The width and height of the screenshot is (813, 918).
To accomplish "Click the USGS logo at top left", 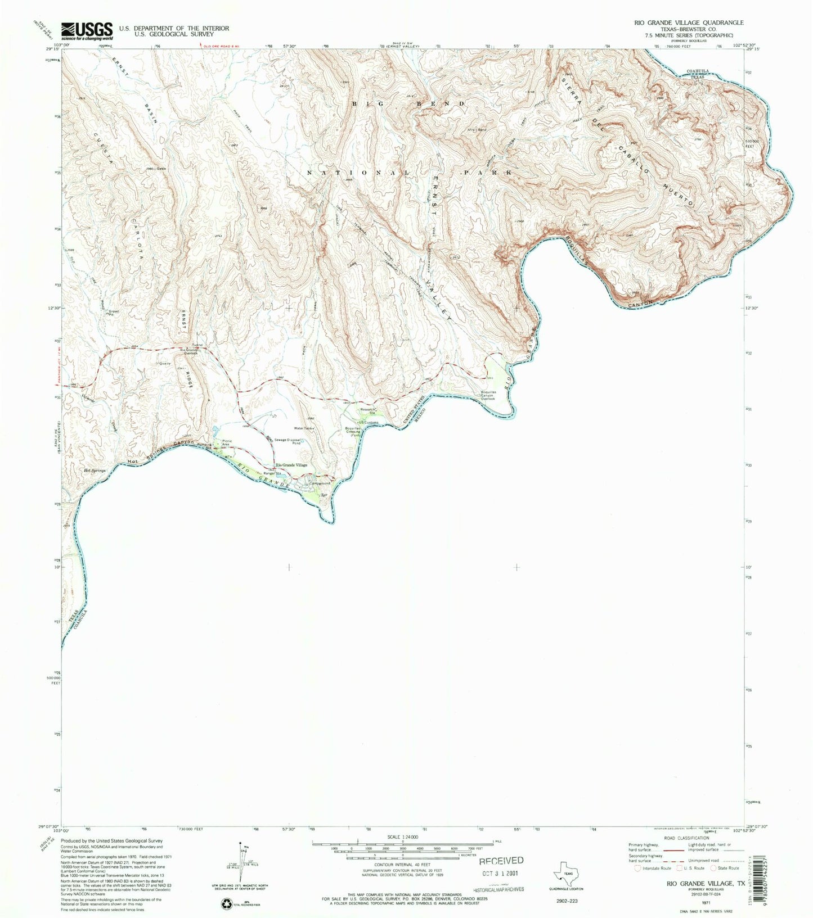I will [x=87, y=31].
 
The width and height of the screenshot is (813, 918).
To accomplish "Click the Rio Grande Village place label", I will [x=291, y=465].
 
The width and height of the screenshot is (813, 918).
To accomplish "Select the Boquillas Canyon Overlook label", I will [x=487, y=396].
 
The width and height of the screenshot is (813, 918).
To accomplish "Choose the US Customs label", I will [x=369, y=423].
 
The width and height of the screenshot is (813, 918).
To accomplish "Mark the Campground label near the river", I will [x=319, y=483].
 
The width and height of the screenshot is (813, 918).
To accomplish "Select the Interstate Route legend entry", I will [x=655, y=868].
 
